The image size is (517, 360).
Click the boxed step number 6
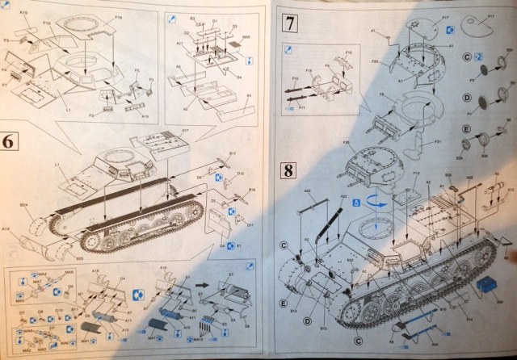click(10, 140)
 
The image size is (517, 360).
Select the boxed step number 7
click(288, 23)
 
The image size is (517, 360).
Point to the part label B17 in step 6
click(233, 153)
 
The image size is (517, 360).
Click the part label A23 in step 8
click(309, 191)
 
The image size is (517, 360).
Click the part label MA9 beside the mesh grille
click(246, 36)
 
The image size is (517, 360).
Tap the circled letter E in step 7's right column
click(468, 129)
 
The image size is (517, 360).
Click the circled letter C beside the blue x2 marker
click(468, 57)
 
